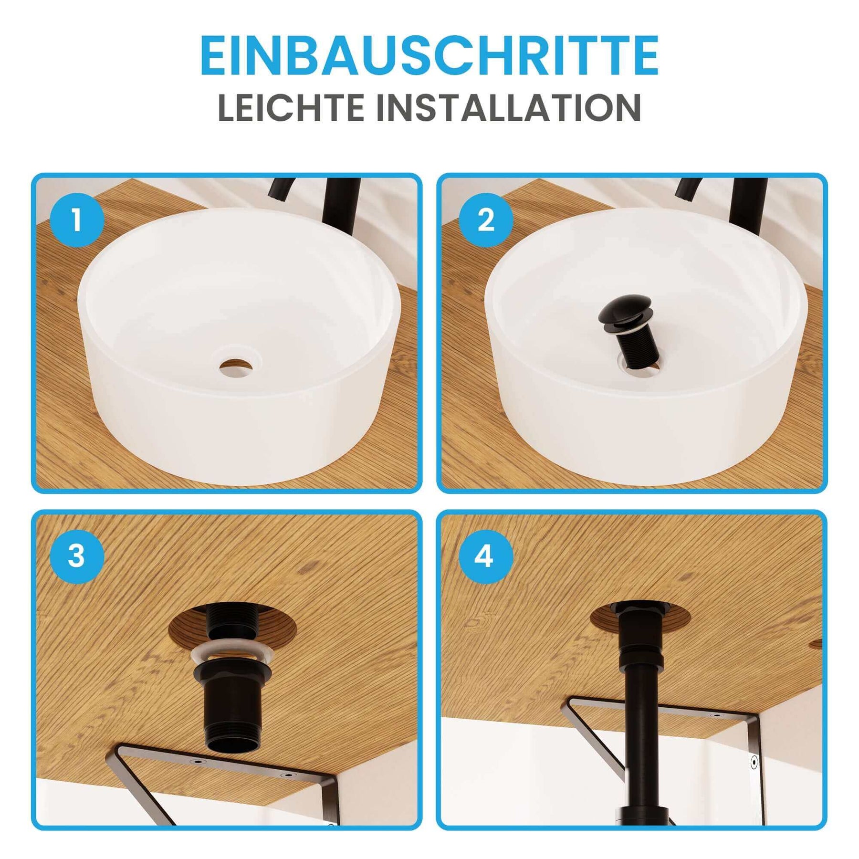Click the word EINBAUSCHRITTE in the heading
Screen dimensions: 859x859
(429, 55)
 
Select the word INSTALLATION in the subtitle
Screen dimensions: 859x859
(509, 108)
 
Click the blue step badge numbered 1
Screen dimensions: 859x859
(77, 220)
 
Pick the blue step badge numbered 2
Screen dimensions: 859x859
(486, 220)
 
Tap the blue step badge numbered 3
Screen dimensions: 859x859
(77, 556)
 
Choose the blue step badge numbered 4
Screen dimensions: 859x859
(486, 556)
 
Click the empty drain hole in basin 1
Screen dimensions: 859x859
(236, 367)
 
